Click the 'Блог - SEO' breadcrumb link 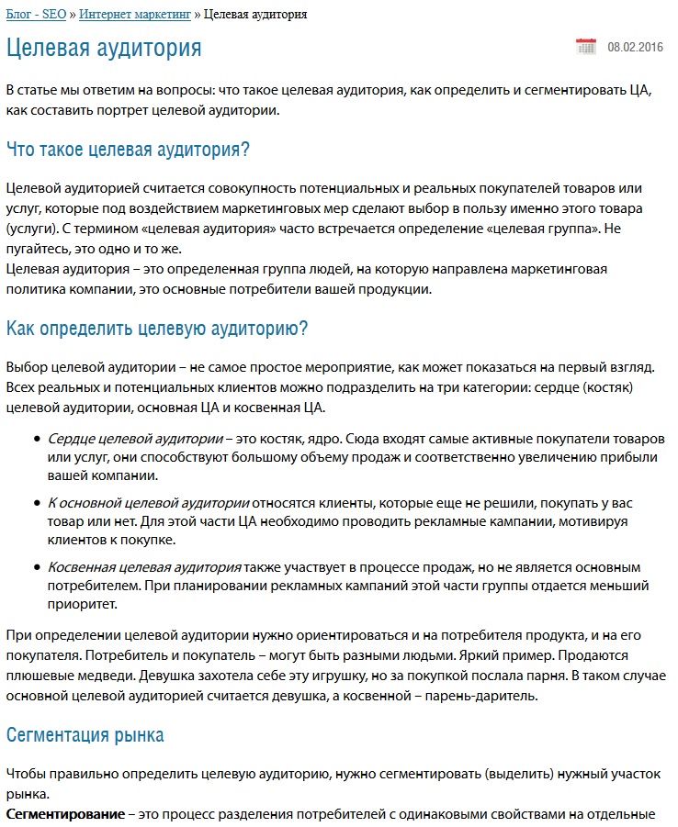click(x=36, y=15)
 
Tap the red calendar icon click(x=585, y=47)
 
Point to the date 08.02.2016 click(x=635, y=47)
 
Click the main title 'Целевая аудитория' click(x=104, y=48)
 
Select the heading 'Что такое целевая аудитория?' click(x=129, y=149)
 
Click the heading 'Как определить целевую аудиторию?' click(x=157, y=328)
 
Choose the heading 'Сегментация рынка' click(x=85, y=734)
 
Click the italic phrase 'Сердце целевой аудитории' click(x=134, y=439)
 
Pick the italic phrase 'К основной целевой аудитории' click(x=149, y=503)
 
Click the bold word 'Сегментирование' click(x=65, y=814)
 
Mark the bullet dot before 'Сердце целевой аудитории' click(x=36, y=440)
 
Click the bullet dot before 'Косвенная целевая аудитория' click(x=36, y=568)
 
